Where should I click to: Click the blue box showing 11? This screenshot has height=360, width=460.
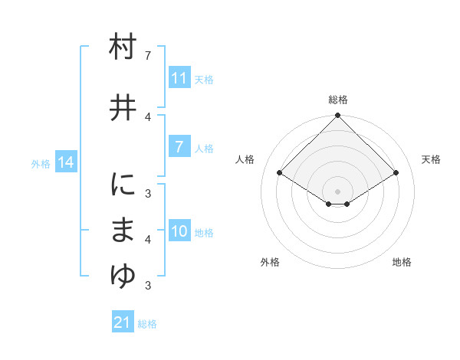click(179, 78)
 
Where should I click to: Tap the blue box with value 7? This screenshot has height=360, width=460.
click(179, 147)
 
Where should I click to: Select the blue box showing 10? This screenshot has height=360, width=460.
click(179, 232)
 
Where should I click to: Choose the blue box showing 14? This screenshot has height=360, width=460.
click(66, 162)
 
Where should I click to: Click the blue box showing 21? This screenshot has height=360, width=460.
click(122, 322)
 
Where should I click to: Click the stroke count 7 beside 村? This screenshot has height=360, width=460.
click(148, 56)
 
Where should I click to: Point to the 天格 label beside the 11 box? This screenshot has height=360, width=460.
click(204, 79)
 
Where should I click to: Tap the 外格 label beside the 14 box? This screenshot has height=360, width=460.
click(41, 163)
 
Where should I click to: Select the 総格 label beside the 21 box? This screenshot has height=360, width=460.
click(147, 323)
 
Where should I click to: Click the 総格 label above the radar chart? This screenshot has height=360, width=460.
click(338, 100)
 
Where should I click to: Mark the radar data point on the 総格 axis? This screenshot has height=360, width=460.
click(338, 116)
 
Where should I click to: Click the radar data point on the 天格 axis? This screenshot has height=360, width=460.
click(396, 174)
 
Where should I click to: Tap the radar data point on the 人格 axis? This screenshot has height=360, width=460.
click(280, 174)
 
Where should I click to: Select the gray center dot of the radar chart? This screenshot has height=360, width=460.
click(338, 191)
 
